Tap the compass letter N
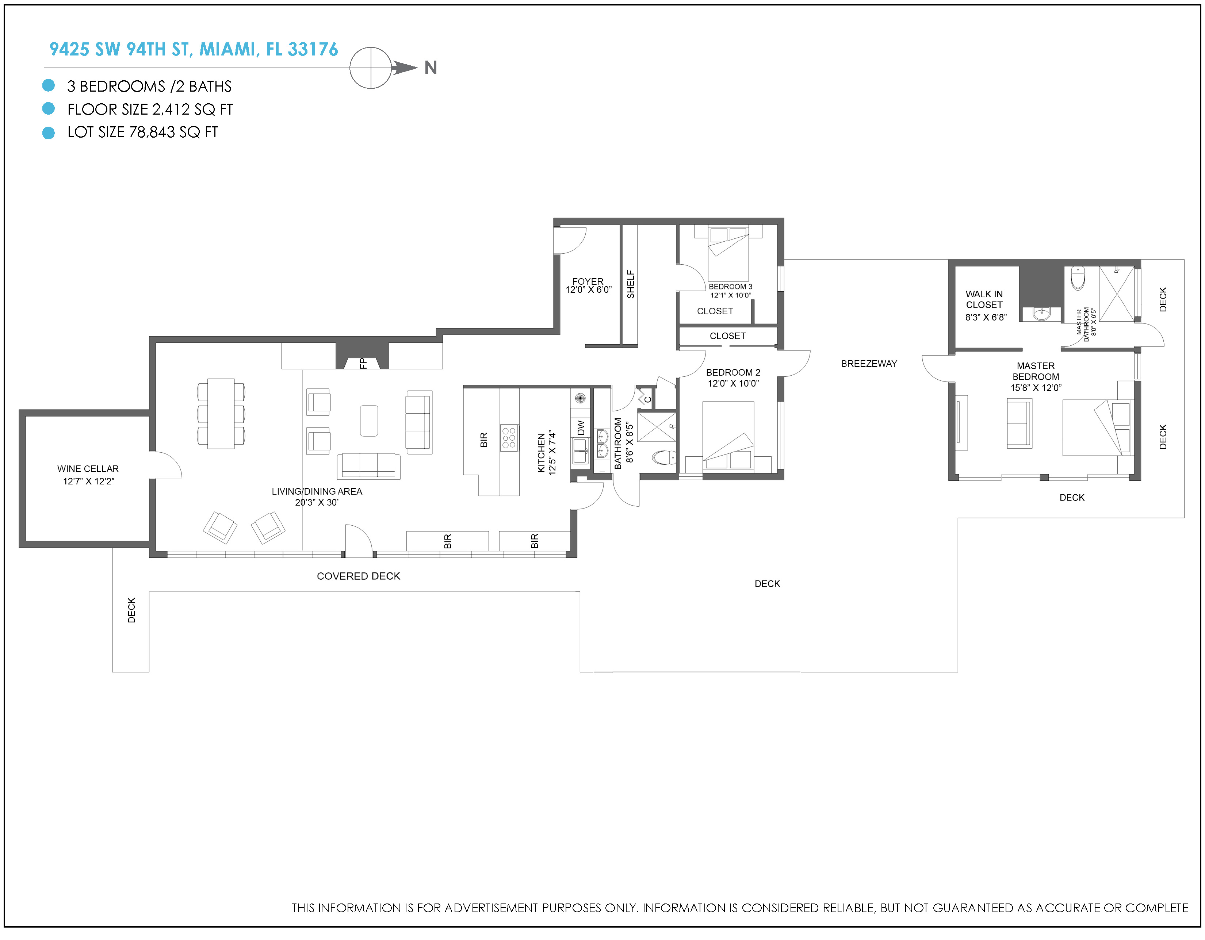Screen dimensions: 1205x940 [x=431, y=67]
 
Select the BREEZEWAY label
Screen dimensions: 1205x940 [x=869, y=364]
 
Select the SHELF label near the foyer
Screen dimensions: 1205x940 [x=631, y=284]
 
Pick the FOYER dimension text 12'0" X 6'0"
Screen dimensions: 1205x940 [x=588, y=289]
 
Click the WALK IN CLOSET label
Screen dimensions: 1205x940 [x=984, y=300]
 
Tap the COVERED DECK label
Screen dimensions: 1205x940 [x=359, y=576]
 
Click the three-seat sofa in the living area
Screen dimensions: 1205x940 [x=368, y=466]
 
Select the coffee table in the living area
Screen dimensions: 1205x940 [x=369, y=421]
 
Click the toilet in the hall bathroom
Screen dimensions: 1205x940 [x=664, y=457]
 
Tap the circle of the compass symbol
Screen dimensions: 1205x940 [x=371, y=68]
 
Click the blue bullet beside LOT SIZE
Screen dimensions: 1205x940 [x=49, y=133]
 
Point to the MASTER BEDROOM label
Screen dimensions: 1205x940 [x=1036, y=371]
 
